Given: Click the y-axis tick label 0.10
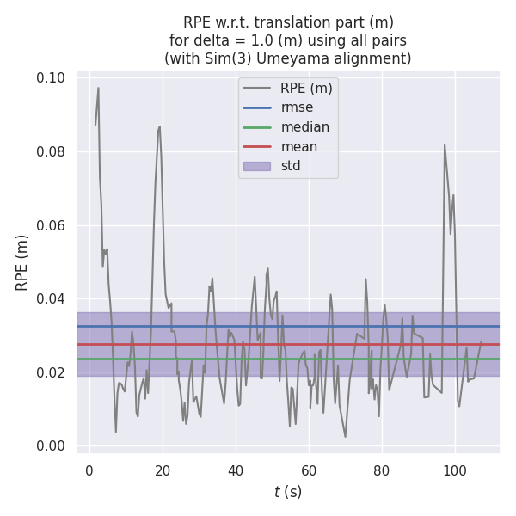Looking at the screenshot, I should coord(52,78).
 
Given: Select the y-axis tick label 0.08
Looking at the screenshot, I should coord(52,152).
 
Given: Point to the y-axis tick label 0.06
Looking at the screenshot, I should coord(52,225).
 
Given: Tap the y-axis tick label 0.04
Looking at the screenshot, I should coord(52,299).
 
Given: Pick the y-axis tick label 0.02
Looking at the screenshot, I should coord(52,372).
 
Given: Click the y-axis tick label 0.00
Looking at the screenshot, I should coord(52,446).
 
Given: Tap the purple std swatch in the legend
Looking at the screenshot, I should coord(256,166).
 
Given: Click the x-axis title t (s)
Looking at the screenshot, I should coord(288,492).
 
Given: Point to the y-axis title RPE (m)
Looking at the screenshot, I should coord(22,261).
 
